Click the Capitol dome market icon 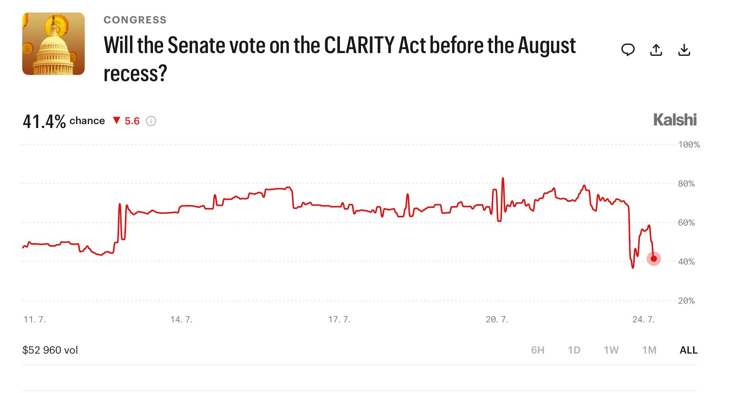53,44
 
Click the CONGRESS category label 135,20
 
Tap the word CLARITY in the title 359,45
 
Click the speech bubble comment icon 628,50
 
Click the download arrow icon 684,50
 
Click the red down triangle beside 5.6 116,120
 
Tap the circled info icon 151,121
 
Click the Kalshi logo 675,120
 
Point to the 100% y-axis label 689,145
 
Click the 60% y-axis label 686,223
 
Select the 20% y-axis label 686,301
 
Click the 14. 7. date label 182,320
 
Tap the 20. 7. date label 497,320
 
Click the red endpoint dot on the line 654,258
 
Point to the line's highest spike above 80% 503,178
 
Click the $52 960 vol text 50,350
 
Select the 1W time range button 611,350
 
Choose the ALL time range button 689,350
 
